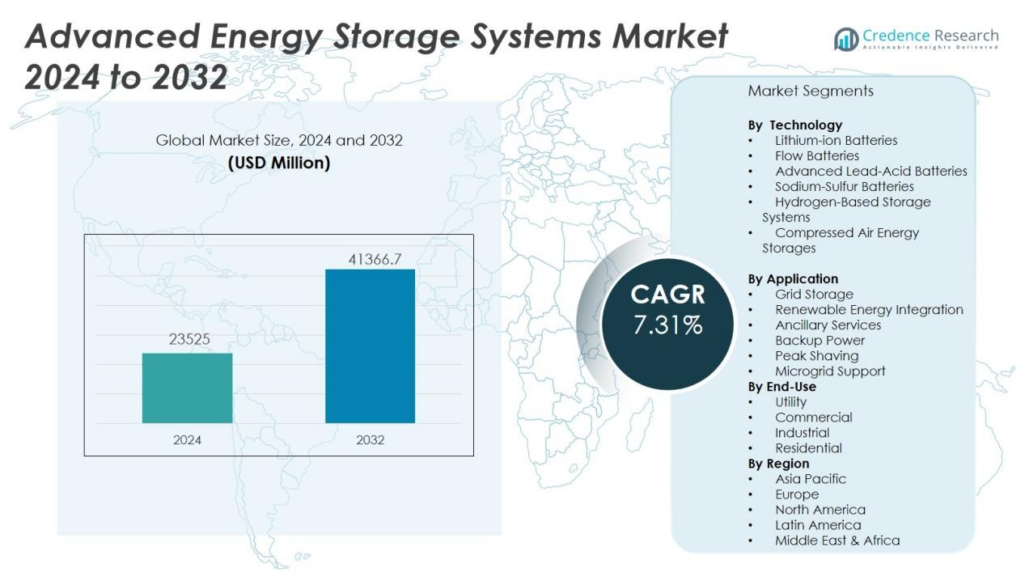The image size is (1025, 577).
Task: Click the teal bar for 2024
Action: tap(187, 388)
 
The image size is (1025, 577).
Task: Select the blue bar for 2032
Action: tap(370, 346)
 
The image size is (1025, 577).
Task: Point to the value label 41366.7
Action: tap(375, 260)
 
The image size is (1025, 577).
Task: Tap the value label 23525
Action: tap(189, 340)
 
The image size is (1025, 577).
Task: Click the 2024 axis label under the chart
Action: tap(187, 440)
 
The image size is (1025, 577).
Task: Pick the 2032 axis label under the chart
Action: tap(370, 440)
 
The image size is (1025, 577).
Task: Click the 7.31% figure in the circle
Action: tap(667, 325)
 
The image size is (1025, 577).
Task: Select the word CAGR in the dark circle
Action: tap(667, 295)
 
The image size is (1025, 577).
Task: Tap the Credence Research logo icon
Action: tap(846, 39)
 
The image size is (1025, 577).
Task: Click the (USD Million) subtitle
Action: tap(279, 163)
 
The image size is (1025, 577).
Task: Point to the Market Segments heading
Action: tap(811, 91)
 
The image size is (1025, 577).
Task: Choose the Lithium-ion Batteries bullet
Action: tap(836, 140)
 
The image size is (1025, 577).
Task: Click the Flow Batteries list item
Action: tap(817, 155)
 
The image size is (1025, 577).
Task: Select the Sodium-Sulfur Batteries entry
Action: tap(844, 186)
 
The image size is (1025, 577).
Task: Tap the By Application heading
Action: tap(793, 278)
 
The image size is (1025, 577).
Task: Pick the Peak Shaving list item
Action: tap(816, 355)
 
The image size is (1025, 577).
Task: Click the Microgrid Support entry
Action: tap(830, 371)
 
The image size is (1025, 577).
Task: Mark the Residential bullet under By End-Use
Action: tap(808, 448)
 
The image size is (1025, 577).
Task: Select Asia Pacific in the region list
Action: tap(811, 478)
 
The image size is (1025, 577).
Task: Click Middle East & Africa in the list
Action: tap(837, 540)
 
